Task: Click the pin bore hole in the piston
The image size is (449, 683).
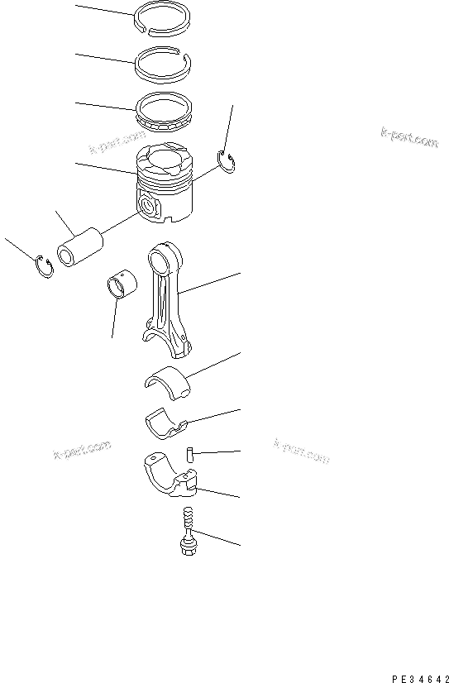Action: (x=150, y=206)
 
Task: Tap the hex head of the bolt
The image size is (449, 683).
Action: (x=187, y=547)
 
